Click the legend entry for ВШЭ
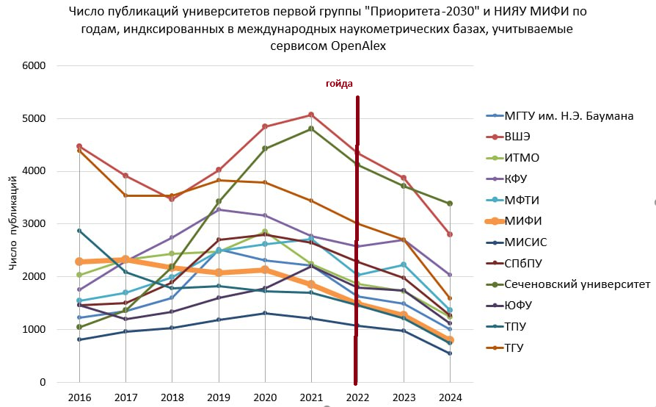coord(518,137)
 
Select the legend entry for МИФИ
coord(518,220)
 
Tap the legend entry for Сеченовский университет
coord(577,284)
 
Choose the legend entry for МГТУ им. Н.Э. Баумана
coord(569,115)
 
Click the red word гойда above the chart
coord(339,83)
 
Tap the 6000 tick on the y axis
coord(34,65)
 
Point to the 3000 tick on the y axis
coord(34,223)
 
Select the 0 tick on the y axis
coord(43,382)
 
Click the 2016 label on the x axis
coord(79,398)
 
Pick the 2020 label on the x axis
coord(265,398)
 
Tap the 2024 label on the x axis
coord(451,398)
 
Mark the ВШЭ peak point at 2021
coord(311,115)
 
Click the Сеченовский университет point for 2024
coord(450,203)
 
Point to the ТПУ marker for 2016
coord(79,231)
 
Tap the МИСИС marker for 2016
coord(79,339)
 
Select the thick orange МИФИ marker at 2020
coord(265,270)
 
